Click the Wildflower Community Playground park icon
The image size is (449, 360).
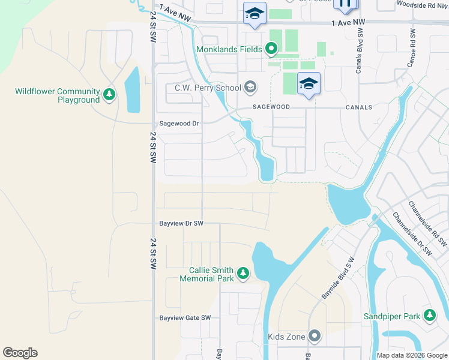pyautogui.click(x=109, y=94)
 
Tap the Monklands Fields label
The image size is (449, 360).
pyautogui.click(x=229, y=49)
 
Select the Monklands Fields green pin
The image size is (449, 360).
pyautogui.click(x=271, y=49)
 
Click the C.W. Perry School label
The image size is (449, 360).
pyautogui.click(x=208, y=88)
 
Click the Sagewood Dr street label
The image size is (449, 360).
pyautogui.click(x=178, y=123)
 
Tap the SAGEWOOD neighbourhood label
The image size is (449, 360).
pyautogui.click(x=271, y=107)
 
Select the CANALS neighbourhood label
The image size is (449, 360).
pyautogui.click(x=358, y=107)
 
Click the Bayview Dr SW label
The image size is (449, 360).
pyautogui.click(x=181, y=223)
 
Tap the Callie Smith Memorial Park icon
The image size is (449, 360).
pyautogui.click(x=243, y=274)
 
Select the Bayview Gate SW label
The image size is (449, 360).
pyautogui.click(x=185, y=318)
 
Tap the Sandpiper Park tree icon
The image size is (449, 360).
pyautogui.click(x=429, y=315)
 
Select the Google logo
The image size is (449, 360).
pyautogui.click(x=20, y=353)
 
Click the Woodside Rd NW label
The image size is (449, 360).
pyautogui.click(x=422, y=5)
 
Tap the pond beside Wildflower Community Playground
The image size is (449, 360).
pyautogui.click(x=132, y=91)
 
